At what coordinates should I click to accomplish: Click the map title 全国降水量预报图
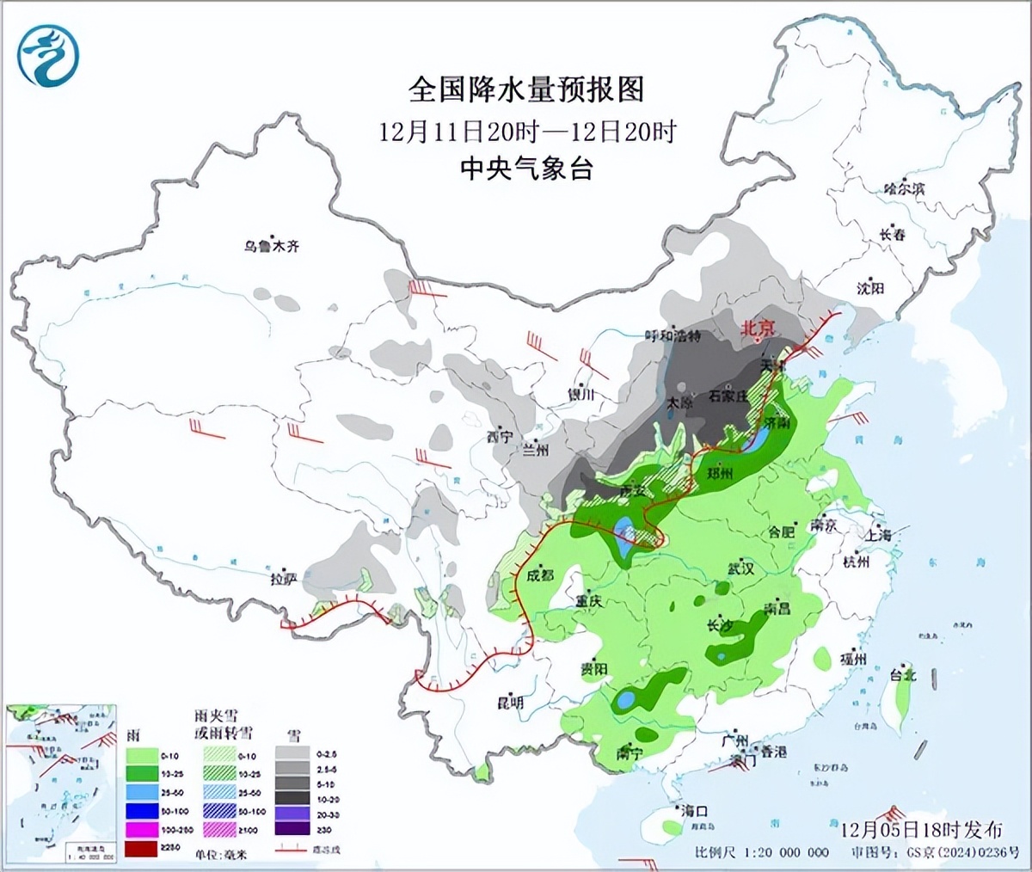tap(525, 89)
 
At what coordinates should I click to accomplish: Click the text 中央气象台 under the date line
tap(525, 169)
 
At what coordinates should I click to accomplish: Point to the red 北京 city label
tap(759, 328)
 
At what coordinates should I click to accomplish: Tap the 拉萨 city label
tap(283, 580)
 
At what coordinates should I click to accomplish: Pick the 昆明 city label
tap(510, 703)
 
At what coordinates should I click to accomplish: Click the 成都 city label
tap(540, 575)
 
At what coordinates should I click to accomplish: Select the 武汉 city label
tap(740, 568)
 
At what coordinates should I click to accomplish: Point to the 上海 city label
tap(879, 534)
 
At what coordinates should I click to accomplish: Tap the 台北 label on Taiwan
tap(903, 675)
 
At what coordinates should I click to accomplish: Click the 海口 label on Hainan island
tap(694, 811)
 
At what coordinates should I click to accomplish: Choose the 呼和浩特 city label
tap(673, 335)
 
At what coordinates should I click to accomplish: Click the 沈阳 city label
tap(870, 289)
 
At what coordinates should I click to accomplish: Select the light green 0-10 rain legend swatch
tap(143, 756)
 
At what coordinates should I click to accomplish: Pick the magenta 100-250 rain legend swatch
tap(143, 829)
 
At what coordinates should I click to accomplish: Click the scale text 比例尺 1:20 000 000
tap(762, 852)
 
